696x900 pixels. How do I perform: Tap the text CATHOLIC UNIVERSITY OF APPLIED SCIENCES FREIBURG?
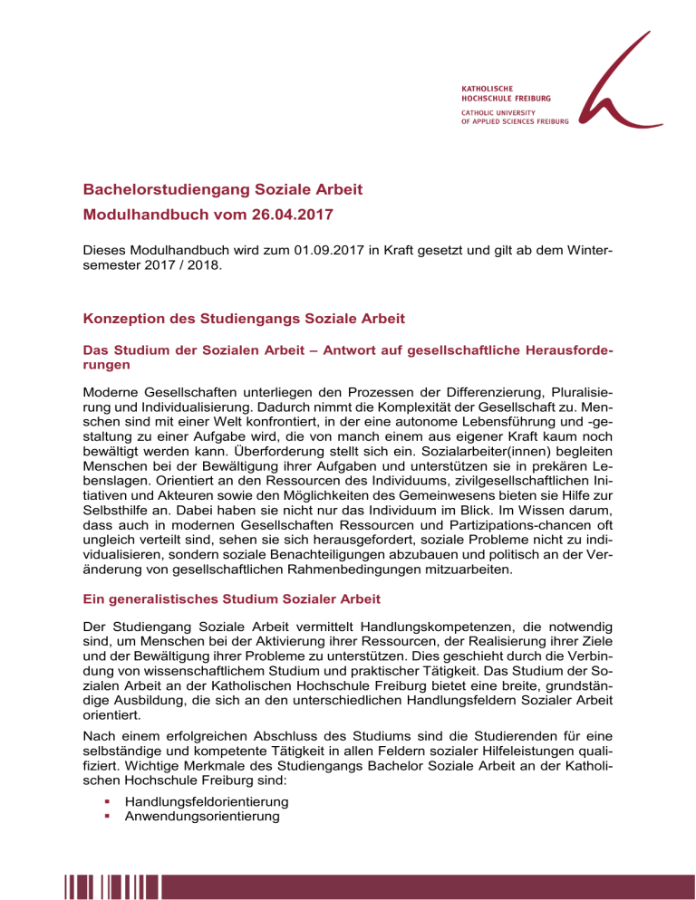508,115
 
